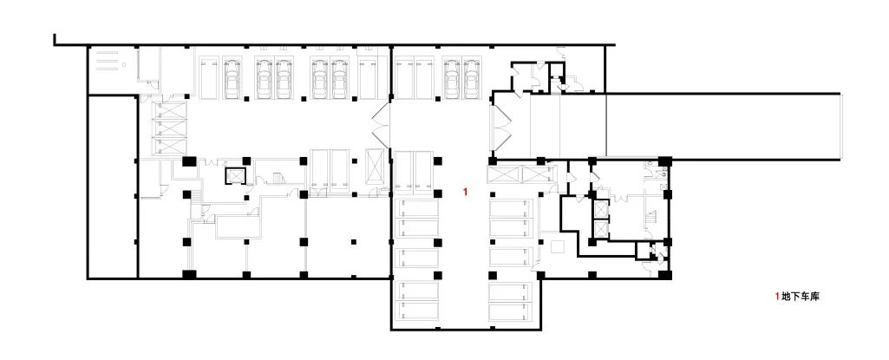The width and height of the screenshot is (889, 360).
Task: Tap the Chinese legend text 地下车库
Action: (800, 296)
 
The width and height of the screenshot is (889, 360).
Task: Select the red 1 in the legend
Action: (777, 296)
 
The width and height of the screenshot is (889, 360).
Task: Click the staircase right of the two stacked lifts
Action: (651, 219)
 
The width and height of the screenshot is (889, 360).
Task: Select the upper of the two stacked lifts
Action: (599, 209)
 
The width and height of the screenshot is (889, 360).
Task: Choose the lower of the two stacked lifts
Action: (599, 228)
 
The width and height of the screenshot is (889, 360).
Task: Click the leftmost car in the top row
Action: (232, 79)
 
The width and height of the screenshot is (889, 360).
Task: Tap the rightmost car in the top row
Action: (471, 79)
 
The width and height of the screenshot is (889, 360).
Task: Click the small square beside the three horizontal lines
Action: (124, 65)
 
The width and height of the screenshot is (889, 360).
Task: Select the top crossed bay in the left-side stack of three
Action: (169, 111)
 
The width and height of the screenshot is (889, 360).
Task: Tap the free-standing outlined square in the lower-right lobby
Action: (558, 246)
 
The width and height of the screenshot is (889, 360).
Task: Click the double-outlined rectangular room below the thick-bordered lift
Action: (239, 226)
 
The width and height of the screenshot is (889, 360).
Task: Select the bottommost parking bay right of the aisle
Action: (512, 310)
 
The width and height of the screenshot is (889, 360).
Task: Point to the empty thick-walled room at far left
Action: (113, 187)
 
